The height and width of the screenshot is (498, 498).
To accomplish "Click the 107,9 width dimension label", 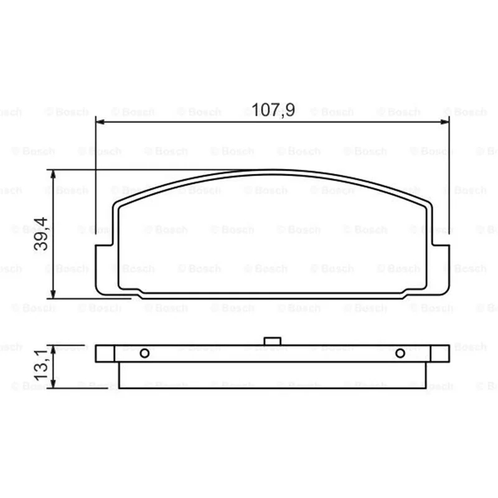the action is click(x=273, y=110).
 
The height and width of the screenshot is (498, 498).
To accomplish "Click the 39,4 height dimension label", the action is click(x=41, y=234).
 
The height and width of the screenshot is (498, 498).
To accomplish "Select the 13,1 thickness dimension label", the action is click(x=41, y=365).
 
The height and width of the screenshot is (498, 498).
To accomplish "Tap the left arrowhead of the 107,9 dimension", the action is click(x=100, y=121).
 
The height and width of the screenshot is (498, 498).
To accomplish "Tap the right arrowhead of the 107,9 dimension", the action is click(x=444, y=121).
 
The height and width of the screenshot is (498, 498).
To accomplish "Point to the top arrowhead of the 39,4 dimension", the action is click(x=53, y=174).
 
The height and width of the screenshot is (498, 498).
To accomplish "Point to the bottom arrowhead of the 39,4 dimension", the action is click(x=53, y=294).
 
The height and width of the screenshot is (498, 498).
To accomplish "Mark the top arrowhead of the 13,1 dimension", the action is click(x=53, y=349).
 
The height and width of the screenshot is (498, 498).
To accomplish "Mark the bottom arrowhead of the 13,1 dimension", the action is click(x=53, y=383).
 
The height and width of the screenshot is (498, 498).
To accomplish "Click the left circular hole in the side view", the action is click(x=144, y=353).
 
